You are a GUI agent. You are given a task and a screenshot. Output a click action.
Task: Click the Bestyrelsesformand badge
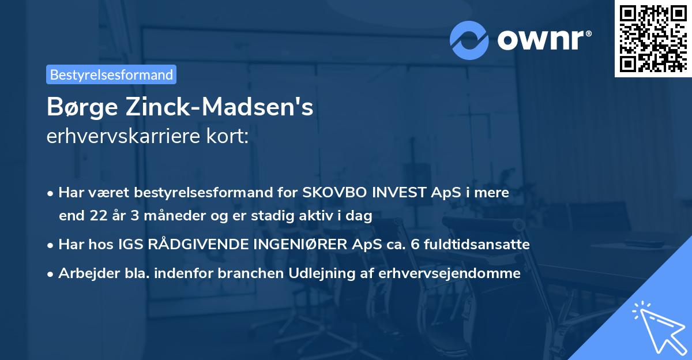(111, 74)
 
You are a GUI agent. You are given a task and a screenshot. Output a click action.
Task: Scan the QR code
(653, 38)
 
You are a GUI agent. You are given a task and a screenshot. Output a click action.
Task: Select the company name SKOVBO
(328, 193)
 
